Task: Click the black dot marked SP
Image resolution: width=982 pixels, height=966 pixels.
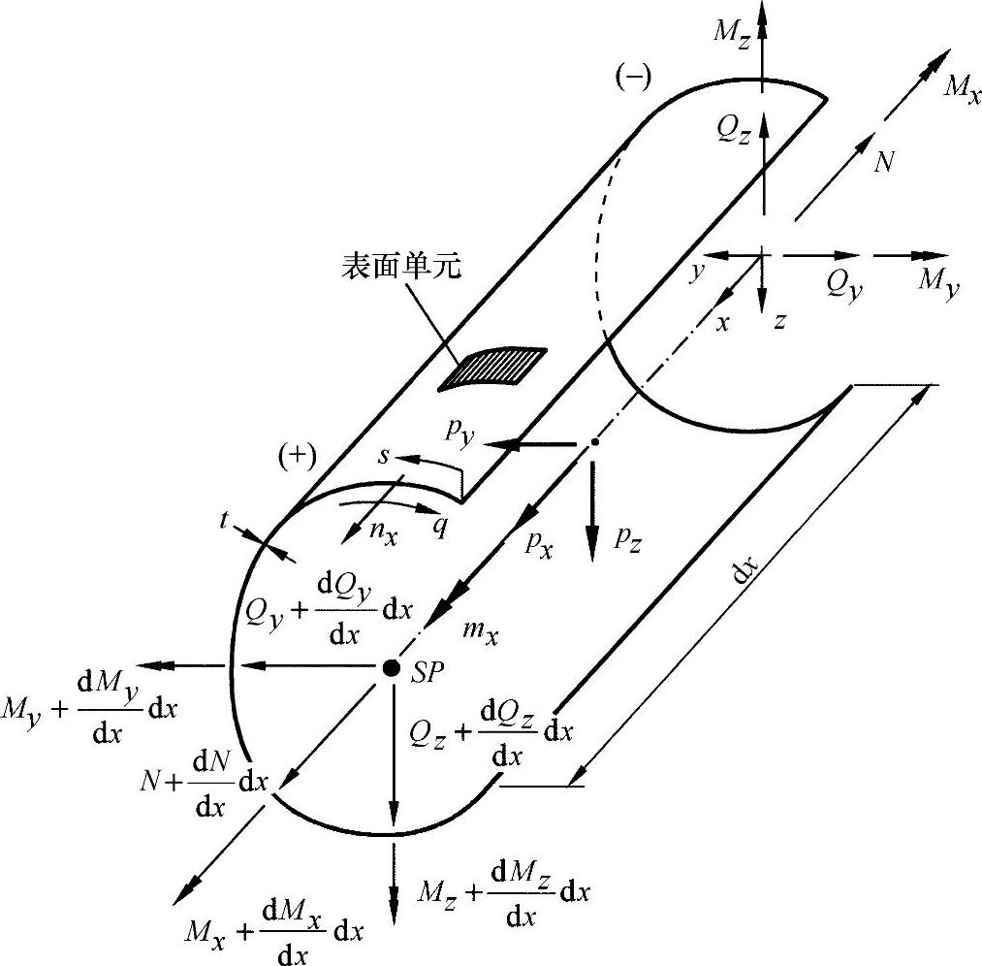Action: pyautogui.click(x=392, y=667)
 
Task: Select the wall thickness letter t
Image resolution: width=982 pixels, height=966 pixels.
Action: pyautogui.click(x=227, y=520)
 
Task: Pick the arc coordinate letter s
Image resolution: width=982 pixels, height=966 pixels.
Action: pyautogui.click(x=384, y=455)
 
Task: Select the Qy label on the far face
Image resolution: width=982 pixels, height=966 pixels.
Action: pyautogui.click(x=841, y=282)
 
